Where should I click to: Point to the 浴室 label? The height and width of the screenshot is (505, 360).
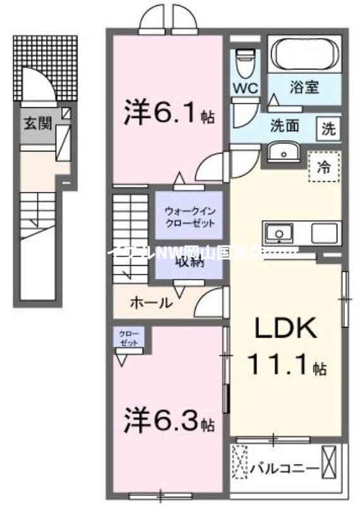point(304,88)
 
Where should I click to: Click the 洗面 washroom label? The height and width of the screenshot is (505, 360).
point(284,125)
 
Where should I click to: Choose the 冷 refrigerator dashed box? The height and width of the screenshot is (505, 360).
point(323,167)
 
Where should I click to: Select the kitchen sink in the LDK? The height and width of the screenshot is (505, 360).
point(279,234)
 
